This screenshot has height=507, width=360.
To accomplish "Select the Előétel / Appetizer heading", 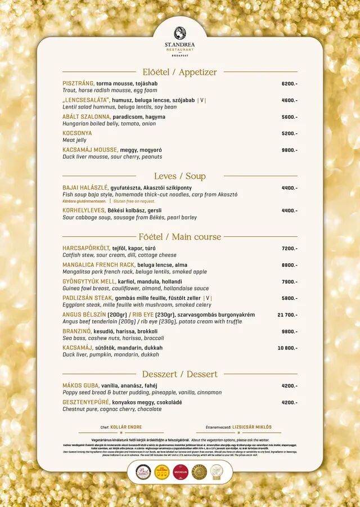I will click(179, 72).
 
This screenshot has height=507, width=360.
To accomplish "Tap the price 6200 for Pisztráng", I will click(289, 84).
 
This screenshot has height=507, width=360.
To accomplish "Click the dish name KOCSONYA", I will click(77, 133).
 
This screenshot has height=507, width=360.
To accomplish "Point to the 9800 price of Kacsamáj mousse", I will click(289, 150).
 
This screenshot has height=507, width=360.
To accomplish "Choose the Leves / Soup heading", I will click(179, 176).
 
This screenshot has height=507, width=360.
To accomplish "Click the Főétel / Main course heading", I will click(179, 237).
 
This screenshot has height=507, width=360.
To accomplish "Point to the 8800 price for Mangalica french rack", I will click(289, 265).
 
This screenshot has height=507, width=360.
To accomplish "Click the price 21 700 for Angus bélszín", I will click(287, 315).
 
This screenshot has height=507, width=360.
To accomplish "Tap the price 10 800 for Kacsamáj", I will click(287, 348).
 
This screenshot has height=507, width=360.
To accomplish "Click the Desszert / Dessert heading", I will click(179, 374).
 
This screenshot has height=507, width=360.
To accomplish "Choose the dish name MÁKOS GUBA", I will click(80, 385).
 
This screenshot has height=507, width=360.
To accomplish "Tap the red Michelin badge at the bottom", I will click(181, 472).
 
